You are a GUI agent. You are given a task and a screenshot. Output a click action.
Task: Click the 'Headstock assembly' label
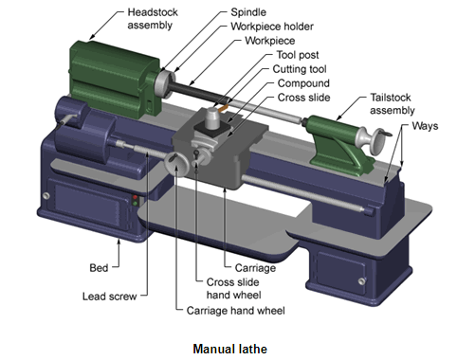(153, 19)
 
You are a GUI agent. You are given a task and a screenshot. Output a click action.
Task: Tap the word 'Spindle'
(248, 12)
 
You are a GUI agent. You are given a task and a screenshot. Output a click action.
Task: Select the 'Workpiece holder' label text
(272, 27)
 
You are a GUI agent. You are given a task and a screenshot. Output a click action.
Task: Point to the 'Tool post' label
(298, 55)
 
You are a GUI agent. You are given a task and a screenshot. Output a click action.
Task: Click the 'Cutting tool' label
(300, 69)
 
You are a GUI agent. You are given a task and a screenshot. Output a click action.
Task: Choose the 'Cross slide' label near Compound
(303, 98)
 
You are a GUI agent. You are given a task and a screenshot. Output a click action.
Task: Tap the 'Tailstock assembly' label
(393, 104)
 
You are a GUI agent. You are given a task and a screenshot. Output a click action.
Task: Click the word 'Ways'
(425, 126)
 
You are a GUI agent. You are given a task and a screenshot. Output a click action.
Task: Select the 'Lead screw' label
(109, 297)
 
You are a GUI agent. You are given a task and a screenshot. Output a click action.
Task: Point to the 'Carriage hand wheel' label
(235, 311)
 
